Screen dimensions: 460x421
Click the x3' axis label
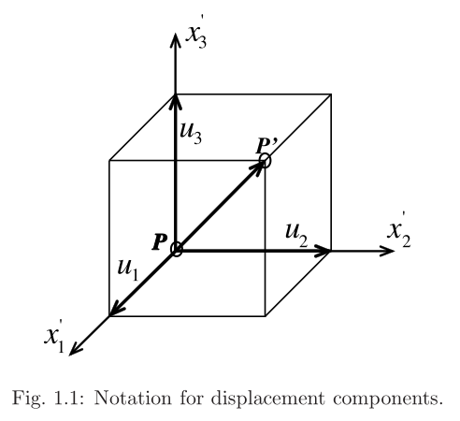[x=196, y=36]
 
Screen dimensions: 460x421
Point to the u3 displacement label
[x=191, y=133]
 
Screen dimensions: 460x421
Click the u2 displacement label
[x=296, y=235]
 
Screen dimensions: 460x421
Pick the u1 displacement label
[x=128, y=269]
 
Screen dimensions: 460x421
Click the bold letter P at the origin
[x=160, y=242]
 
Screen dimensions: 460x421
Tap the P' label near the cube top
[x=266, y=146]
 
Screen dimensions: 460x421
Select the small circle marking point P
[x=177, y=249]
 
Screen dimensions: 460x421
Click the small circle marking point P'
[x=265, y=161]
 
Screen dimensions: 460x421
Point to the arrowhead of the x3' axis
[x=176, y=40]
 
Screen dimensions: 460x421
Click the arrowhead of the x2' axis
[x=386, y=251]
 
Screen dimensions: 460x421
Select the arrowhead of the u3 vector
[x=176, y=101]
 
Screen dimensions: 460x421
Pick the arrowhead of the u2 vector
[x=322, y=251]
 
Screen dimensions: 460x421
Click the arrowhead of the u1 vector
[x=117, y=308]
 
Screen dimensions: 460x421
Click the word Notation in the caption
[x=133, y=398]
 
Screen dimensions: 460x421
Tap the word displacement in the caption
[x=267, y=399]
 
